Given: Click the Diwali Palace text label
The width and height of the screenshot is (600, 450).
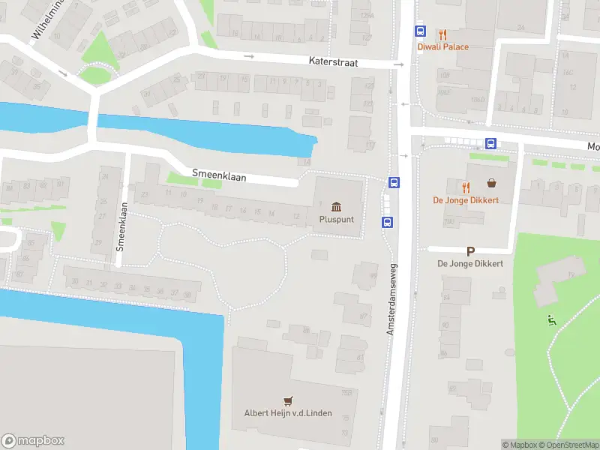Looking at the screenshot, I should (442, 46).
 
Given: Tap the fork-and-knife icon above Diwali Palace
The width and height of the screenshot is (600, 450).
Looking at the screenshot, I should (442, 33).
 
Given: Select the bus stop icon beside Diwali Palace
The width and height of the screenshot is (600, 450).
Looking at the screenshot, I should (420, 31).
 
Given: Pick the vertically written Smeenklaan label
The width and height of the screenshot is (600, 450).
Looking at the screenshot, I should (119, 225).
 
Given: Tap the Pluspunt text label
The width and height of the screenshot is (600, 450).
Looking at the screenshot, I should (336, 220).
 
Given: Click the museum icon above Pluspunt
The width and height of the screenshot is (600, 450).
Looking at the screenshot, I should (335, 206).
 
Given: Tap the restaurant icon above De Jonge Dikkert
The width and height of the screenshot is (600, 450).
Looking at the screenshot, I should (466, 186).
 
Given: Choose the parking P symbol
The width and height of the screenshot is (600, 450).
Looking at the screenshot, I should (470, 252).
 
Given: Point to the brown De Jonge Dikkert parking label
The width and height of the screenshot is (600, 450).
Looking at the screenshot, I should (470, 264).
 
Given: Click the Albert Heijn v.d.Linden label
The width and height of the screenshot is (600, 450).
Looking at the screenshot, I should (288, 413).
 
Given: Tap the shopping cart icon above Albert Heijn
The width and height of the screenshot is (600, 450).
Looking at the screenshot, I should (287, 400).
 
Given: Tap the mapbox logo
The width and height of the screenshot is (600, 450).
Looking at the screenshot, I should (33, 441).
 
